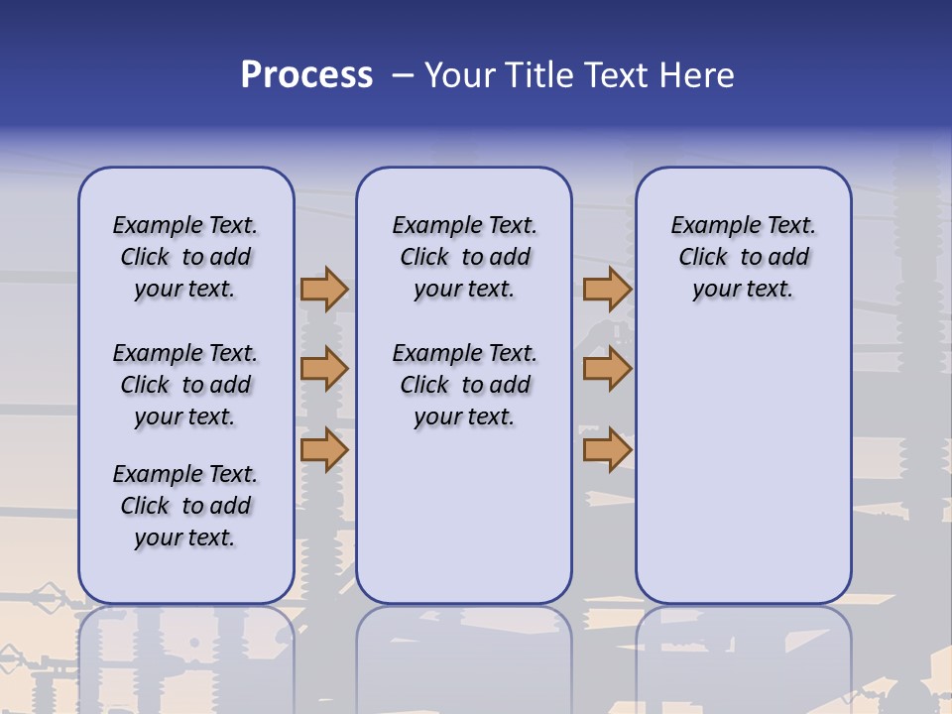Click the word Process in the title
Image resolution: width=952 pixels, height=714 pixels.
tap(306, 75)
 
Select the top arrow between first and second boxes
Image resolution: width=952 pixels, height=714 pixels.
tap(324, 289)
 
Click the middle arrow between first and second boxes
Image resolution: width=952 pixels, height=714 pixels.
tap(324, 369)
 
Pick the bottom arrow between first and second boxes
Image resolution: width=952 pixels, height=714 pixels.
tap(324, 449)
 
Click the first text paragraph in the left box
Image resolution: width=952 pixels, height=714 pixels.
tap(185, 257)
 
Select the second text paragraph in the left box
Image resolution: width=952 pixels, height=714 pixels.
tap(185, 385)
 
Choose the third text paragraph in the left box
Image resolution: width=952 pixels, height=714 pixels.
tap(185, 506)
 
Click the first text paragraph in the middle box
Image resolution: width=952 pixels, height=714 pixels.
tap(464, 257)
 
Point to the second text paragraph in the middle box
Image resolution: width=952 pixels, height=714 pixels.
tap(464, 385)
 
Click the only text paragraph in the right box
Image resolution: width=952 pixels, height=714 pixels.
tap(743, 257)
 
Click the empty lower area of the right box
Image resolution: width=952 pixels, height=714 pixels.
tap(743, 466)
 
